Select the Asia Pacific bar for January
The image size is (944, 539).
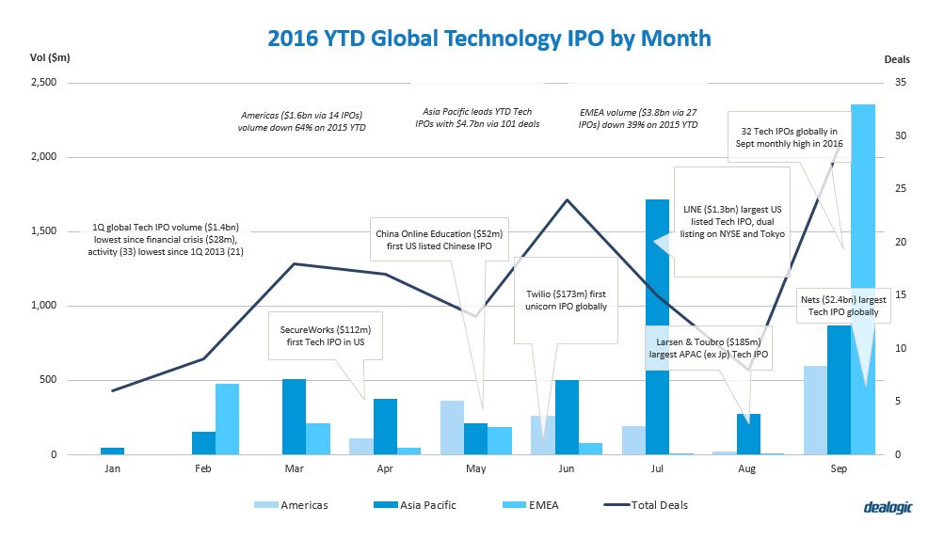pyautogui.click(x=113, y=451)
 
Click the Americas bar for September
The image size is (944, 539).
pyautogui.click(x=815, y=410)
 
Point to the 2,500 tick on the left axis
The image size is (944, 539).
pyautogui.click(x=43, y=83)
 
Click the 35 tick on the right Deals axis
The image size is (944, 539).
pyautogui.click(x=900, y=83)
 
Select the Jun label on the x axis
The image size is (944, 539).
pyautogui.click(x=566, y=468)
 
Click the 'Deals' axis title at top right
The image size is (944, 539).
pyautogui.click(x=897, y=58)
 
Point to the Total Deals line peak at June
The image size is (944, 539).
pyautogui.click(x=566, y=199)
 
